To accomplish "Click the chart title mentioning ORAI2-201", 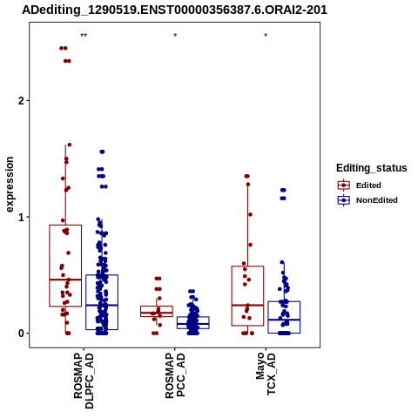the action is point(175,10).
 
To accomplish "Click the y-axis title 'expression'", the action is point(10,185).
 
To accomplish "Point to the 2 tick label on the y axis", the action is point(20,101).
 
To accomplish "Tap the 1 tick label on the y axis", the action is point(21,217).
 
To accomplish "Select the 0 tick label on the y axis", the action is point(21,334).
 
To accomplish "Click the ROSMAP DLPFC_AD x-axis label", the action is point(84,381).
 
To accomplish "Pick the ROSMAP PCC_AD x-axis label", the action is point(175,375).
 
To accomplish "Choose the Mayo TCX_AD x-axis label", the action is point(266,374).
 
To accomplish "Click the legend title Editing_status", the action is point(372,168).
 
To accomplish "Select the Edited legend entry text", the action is point(368,185).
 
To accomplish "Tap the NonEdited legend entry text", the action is point(377,200).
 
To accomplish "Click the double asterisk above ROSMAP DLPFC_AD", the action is point(84,36).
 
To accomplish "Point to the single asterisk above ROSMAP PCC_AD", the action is point(175,36).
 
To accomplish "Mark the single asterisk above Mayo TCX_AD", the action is point(266,36).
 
